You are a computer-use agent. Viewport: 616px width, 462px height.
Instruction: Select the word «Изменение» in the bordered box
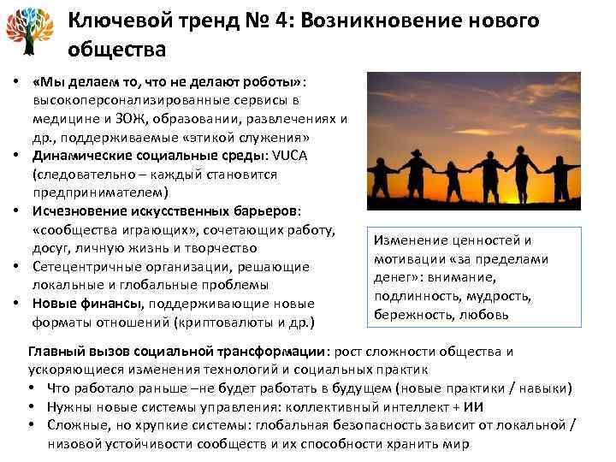tap(407, 240)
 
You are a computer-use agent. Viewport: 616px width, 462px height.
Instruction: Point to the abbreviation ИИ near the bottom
tap(489, 407)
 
